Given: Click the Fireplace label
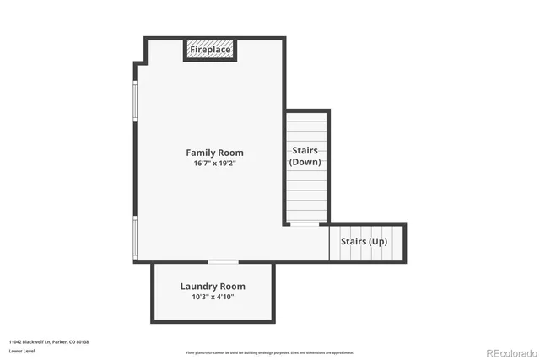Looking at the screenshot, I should [x=210, y=51].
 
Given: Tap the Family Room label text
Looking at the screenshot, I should [x=214, y=153].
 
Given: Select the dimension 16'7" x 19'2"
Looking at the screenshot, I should [x=214, y=164].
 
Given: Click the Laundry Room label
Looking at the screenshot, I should [x=213, y=287].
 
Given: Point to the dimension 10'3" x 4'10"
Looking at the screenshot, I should [x=213, y=298].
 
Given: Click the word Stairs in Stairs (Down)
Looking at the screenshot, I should [x=305, y=150].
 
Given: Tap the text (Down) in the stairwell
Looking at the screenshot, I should [x=305, y=162].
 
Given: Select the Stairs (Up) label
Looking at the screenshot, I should [x=364, y=242].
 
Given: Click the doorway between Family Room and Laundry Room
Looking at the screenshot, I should [x=223, y=262].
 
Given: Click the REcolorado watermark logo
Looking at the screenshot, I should [x=508, y=352].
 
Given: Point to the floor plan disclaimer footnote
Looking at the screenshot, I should [x=269, y=352].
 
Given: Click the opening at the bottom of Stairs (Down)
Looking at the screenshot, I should [x=305, y=223].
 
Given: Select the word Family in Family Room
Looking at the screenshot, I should [x=200, y=153].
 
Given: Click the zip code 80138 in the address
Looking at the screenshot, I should [x=82, y=341].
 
